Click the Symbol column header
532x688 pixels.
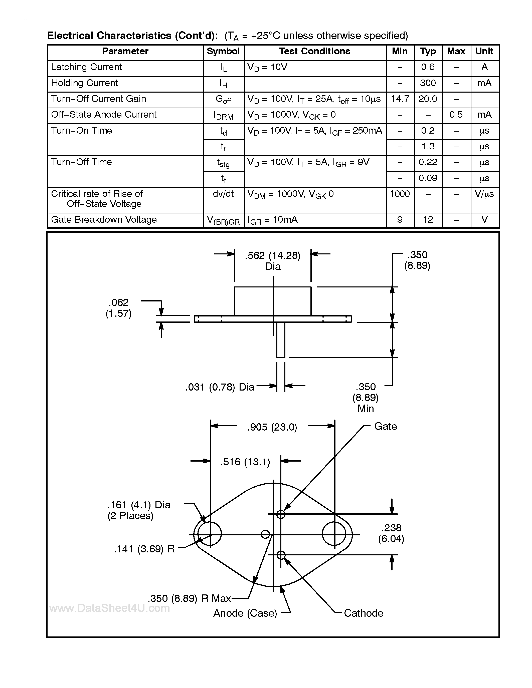coord(223,51)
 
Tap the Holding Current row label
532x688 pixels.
coord(84,83)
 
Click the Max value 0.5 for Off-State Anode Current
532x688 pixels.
coord(456,115)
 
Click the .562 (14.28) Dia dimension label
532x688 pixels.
coord(273,261)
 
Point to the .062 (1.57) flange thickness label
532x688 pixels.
coord(118,308)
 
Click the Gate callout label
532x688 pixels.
coord(385,427)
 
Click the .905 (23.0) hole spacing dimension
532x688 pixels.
coord(272,428)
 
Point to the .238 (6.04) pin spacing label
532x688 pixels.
coord(391,533)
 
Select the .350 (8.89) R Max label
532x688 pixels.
coord(190,598)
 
